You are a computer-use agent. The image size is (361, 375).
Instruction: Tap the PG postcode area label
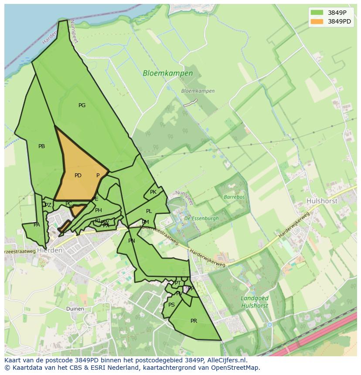click(x=82, y=105)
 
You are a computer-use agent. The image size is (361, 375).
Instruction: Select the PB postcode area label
click(x=41, y=146)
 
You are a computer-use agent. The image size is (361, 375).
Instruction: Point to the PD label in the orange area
click(x=78, y=176)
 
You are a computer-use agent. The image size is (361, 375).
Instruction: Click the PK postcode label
click(x=153, y=192)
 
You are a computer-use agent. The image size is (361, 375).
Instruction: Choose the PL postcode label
click(x=149, y=211)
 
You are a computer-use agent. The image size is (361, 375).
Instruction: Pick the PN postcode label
click(x=132, y=240)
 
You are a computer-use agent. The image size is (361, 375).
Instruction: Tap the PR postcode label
click(x=194, y=321)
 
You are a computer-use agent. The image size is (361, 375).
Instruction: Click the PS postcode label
click(x=171, y=305)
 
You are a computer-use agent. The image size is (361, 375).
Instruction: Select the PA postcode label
click(x=37, y=225)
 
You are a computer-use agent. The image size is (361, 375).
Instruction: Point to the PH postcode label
click(x=99, y=210)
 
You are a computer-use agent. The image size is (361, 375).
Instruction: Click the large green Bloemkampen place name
click(x=168, y=74)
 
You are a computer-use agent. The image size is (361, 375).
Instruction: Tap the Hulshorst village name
click(x=322, y=201)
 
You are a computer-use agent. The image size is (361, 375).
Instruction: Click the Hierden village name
click(x=50, y=250)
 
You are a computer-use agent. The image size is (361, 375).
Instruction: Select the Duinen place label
click(x=75, y=308)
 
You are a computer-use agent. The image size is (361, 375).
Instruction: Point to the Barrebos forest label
click(x=234, y=197)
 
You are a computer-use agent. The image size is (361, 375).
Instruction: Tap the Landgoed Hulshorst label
click(x=255, y=302)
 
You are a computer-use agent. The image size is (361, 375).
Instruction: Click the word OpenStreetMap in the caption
click(x=237, y=368)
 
